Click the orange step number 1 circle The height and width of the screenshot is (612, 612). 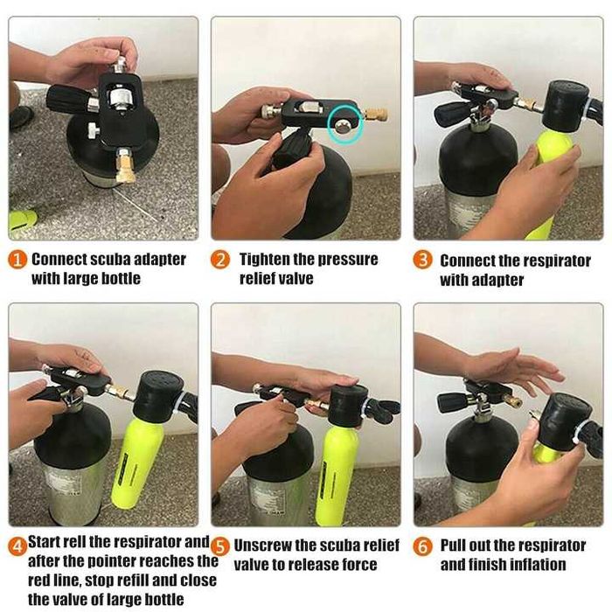coord(17,260)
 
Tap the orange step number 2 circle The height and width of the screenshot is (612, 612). coord(220,260)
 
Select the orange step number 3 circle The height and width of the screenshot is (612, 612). coord(422,260)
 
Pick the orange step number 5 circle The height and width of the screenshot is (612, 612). coord(220,546)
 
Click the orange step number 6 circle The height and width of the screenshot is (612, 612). coord(422,546)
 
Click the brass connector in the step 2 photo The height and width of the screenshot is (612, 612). coord(375,114)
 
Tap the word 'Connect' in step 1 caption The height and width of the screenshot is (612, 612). coord(59,260)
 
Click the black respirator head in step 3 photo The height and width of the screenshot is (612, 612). coord(565,106)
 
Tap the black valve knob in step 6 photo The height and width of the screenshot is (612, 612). coord(451,401)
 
